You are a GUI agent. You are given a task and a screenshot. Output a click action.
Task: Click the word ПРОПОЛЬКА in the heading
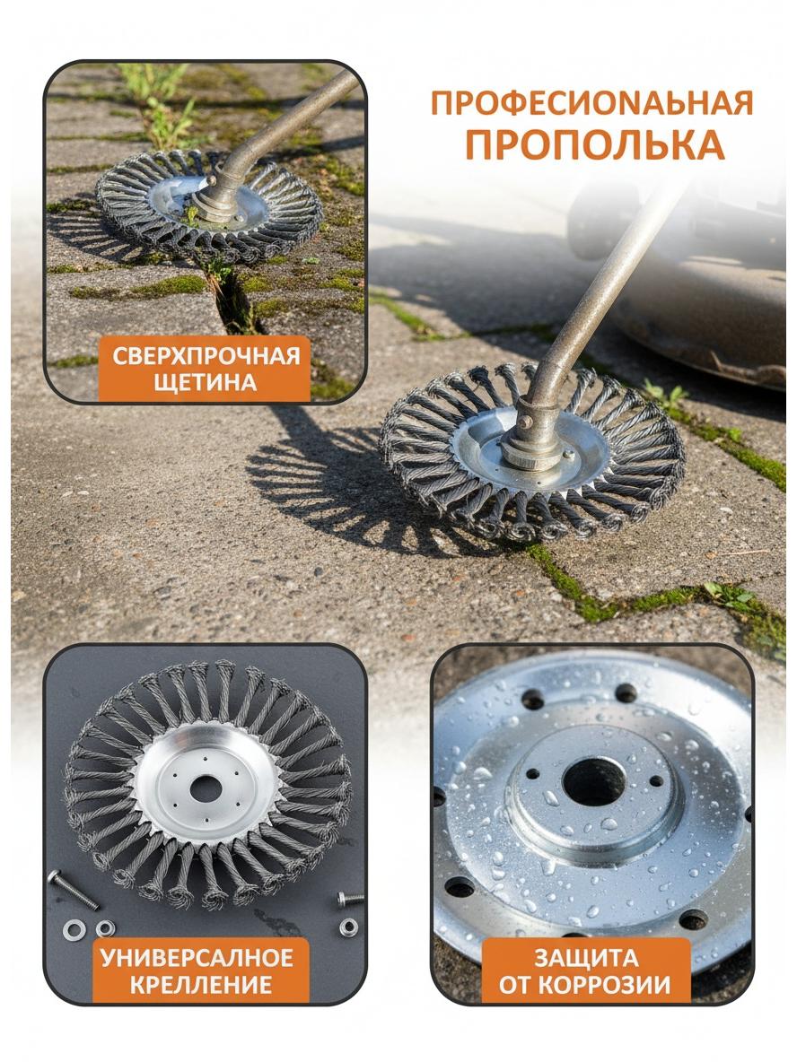594,144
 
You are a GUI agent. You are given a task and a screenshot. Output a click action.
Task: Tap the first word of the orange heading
592,103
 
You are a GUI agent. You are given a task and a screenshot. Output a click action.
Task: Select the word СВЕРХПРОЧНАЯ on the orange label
206,356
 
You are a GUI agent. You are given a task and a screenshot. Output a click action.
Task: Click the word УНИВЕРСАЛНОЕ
197,958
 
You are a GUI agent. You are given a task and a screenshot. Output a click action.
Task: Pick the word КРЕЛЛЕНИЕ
201,984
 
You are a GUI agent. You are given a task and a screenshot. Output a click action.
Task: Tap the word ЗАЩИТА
586,958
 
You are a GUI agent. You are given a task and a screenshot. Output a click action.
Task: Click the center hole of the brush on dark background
206,789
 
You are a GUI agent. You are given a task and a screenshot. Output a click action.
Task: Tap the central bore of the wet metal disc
594,781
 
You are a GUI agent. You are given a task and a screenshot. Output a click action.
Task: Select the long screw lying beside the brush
73,889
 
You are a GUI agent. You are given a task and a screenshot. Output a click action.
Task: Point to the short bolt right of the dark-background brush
350,899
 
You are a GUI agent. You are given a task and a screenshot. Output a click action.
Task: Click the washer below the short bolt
348,927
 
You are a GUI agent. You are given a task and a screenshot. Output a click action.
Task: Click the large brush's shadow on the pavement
353,494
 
